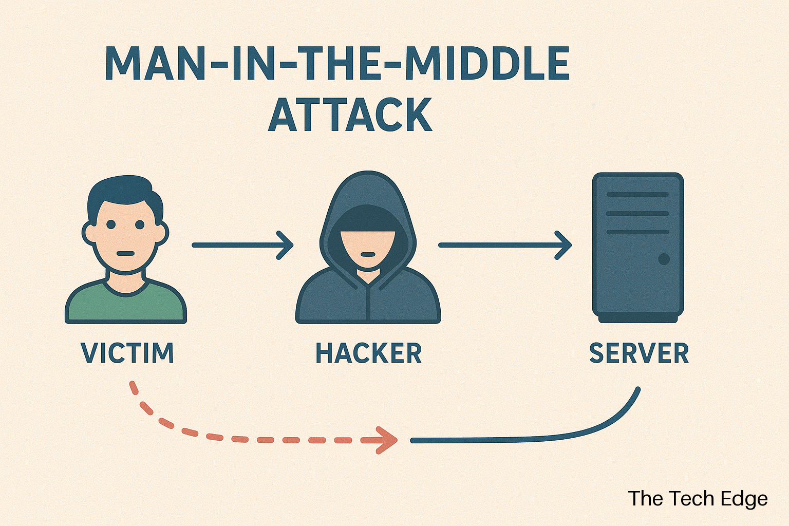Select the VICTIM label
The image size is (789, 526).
coord(127,353)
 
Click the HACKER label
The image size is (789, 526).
coord(368,353)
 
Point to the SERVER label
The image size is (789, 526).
coord(638,353)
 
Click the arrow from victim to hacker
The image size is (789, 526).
coord(241,245)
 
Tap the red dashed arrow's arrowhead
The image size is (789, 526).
coord(386,440)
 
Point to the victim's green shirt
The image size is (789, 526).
coord(125,306)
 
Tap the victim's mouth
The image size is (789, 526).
coord(125,253)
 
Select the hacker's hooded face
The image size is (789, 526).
coord(368,241)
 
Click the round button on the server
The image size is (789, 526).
coord(664,258)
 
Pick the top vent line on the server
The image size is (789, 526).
coord(637,195)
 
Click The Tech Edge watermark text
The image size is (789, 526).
coord(698,499)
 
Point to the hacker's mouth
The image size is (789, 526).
coord(368,254)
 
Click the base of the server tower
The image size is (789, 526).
coord(637,319)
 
